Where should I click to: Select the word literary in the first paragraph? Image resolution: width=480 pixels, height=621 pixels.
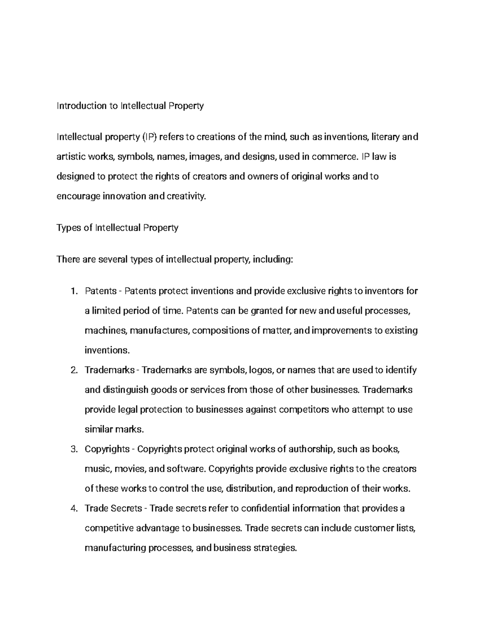point(385,137)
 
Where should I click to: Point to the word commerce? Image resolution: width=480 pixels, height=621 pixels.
point(334,157)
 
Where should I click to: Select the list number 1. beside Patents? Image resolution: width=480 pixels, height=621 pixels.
point(73,291)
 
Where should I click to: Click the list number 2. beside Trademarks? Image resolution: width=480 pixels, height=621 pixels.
point(73,370)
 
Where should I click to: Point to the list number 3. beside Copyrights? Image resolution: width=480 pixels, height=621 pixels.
point(73,449)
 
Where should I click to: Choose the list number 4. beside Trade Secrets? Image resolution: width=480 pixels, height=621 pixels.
point(73,509)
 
